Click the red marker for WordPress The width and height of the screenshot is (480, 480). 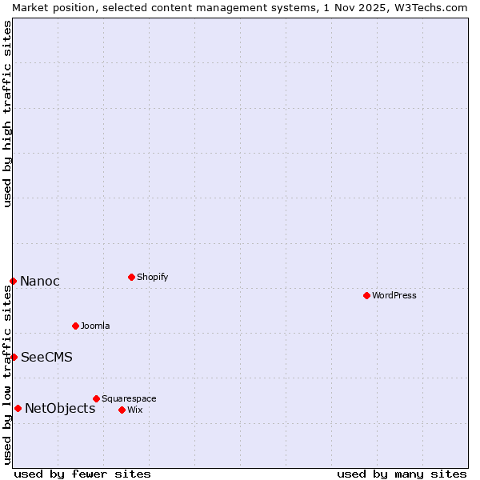(x=366, y=295)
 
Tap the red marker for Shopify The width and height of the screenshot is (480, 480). (x=131, y=277)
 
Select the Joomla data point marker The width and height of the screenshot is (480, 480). (x=75, y=326)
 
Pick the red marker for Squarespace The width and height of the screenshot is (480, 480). (x=96, y=398)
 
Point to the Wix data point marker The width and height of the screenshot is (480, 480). (x=122, y=410)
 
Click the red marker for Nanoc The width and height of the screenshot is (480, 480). (x=13, y=281)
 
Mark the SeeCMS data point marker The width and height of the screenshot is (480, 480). (x=14, y=357)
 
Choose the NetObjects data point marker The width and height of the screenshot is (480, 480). (x=18, y=408)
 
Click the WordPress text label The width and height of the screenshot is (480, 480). (x=394, y=295)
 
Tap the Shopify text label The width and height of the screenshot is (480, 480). (x=152, y=277)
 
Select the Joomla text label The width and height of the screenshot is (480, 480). (x=95, y=326)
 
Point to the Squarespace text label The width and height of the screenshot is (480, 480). (x=129, y=398)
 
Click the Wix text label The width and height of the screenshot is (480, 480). (x=134, y=410)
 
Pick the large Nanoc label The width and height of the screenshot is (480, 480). (x=40, y=281)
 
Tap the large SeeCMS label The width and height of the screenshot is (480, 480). (x=46, y=357)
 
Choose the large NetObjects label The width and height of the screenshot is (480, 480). (x=60, y=408)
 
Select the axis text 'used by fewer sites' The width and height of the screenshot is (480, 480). (x=82, y=474)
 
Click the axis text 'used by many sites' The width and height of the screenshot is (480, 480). (x=402, y=474)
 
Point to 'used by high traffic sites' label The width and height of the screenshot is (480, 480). (x=7, y=114)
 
